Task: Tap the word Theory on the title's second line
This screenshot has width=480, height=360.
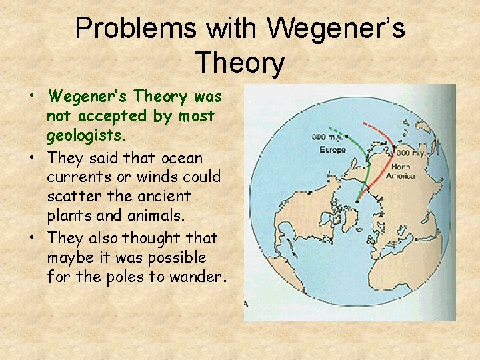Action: click(240, 64)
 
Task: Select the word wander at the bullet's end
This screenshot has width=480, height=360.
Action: click(199, 276)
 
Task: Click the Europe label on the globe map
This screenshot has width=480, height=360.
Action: click(332, 150)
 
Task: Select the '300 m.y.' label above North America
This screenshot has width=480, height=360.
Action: click(411, 153)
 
